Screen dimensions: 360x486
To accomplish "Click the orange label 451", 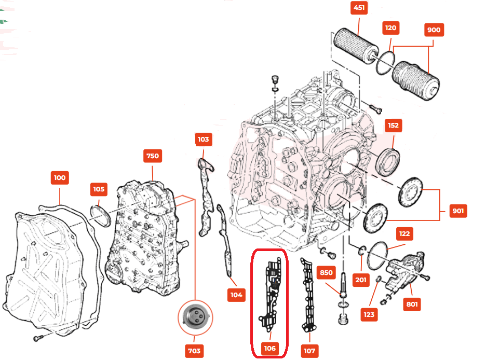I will [x=359, y=8].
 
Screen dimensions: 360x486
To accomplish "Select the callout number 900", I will [x=433, y=30].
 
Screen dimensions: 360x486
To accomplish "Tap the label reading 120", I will [x=391, y=29].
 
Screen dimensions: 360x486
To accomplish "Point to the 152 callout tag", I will [x=393, y=126].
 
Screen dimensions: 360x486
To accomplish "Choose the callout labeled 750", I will [x=153, y=156].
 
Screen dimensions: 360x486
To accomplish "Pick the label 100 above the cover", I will [x=60, y=177].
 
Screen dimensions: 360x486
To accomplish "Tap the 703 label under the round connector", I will [x=194, y=351].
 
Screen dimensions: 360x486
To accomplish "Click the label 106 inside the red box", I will [x=270, y=348].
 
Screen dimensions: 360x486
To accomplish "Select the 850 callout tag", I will [x=326, y=273].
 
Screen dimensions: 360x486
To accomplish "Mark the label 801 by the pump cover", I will [x=412, y=304].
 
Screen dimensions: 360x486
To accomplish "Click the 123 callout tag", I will [x=369, y=314].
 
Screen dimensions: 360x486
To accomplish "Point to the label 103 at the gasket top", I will [x=203, y=139].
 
